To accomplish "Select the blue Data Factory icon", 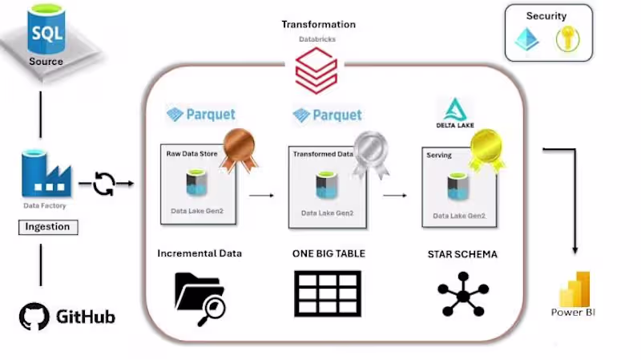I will point(46,174).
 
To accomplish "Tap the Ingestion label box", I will point(47,227).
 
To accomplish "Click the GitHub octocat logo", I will point(34,316).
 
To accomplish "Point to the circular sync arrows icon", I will point(104,184).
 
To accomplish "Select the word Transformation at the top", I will point(318,25).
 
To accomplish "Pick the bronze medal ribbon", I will point(239,148).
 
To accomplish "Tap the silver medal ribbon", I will point(370,149).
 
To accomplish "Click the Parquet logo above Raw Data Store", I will point(200,115).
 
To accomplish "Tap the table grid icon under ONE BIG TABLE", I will point(328,293).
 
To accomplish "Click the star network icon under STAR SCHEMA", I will point(462,294).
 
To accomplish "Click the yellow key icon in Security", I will point(566,39).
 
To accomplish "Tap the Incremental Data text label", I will point(200,253).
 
